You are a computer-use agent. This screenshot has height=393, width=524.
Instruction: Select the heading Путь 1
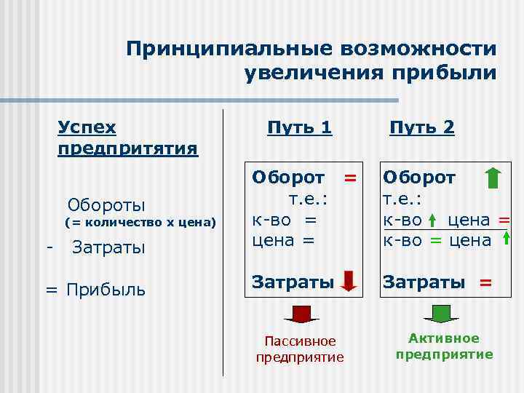pyautogui.click(x=299, y=127)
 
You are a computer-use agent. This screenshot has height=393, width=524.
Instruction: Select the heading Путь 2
pyautogui.click(x=421, y=127)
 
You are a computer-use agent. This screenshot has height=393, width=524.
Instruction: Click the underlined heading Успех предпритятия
pyautogui.click(x=127, y=138)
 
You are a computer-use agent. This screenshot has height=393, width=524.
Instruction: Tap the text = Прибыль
pyautogui.click(x=95, y=290)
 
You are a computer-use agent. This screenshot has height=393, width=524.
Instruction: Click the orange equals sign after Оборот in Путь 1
pyautogui.click(x=350, y=178)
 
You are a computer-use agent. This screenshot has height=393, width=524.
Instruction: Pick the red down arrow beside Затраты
pyautogui.click(x=348, y=281)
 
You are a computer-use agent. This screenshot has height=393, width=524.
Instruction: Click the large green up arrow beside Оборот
pyautogui.click(x=493, y=178)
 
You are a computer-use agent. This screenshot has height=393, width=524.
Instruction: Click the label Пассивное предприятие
pyautogui.click(x=299, y=349)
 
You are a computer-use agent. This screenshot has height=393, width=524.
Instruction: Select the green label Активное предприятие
pyautogui.click(x=444, y=346)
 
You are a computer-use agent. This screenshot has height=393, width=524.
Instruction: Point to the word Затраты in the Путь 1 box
pyautogui.click(x=292, y=281)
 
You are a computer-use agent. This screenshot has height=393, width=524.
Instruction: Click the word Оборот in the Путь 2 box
pyautogui.click(x=419, y=178)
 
